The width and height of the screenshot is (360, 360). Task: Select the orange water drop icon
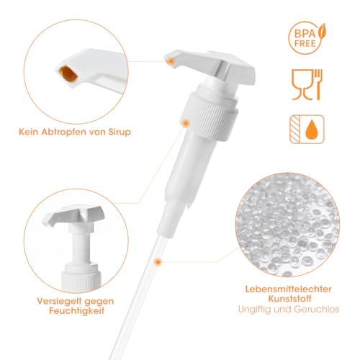tap(312, 128)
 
